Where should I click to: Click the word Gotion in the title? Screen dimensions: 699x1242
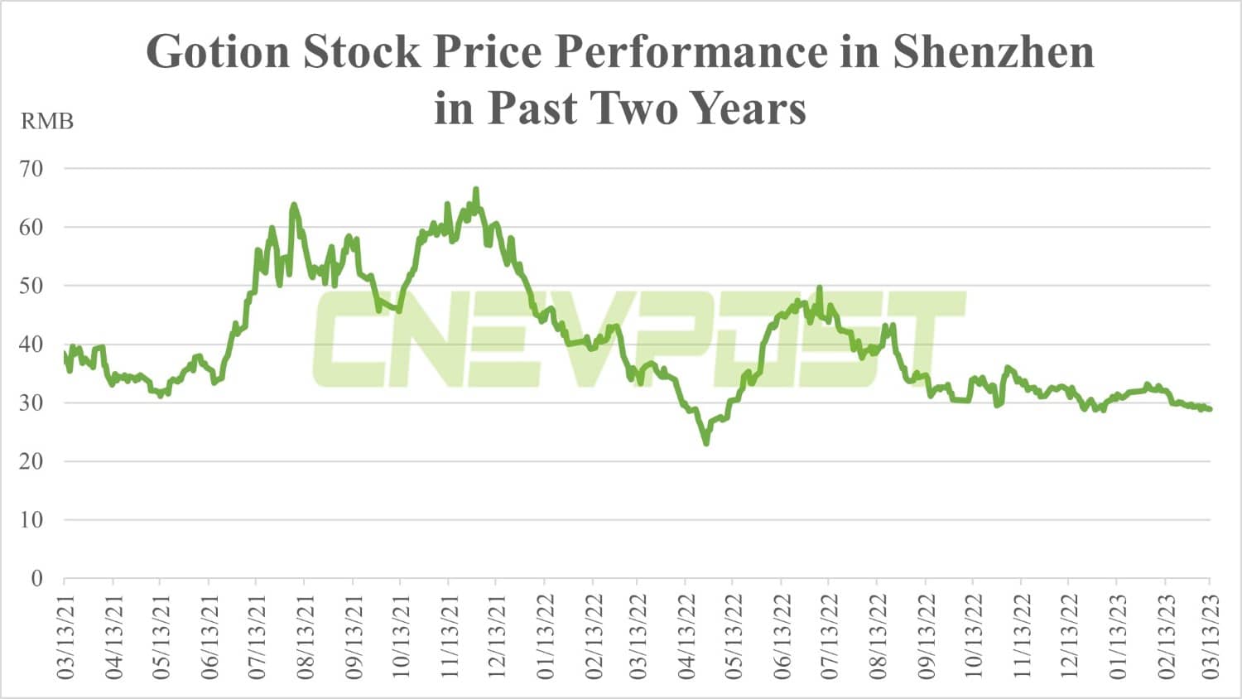[x=218, y=52]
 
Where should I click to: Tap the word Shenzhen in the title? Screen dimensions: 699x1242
[x=993, y=52]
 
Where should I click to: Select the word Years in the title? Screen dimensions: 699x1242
[x=748, y=108]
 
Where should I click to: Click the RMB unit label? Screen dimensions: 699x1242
[x=47, y=122]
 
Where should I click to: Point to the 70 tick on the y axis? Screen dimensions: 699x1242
[x=31, y=169]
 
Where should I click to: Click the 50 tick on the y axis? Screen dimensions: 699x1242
[x=31, y=286]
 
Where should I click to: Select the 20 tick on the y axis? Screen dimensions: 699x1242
[x=31, y=461]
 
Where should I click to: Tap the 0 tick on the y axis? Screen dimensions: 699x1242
[x=36, y=578]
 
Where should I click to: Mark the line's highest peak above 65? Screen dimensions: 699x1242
[x=476, y=190]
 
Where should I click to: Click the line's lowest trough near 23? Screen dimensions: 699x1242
[x=706, y=443]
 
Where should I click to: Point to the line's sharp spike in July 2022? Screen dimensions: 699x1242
[x=820, y=287]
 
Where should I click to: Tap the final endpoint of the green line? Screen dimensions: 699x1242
[x=1211, y=409]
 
